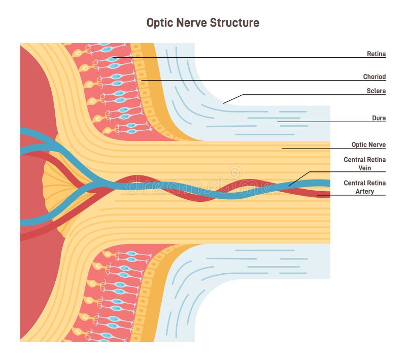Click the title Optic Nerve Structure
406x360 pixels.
tap(202, 23)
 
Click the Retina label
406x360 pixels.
tap(376, 53)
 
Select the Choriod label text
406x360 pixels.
tap(374, 77)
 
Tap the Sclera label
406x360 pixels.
tap(376, 91)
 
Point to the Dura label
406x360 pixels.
tap(378, 118)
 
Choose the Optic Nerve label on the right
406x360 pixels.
tap(368, 145)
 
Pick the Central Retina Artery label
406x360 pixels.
tap(364, 187)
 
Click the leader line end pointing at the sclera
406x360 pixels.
tap(224, 103)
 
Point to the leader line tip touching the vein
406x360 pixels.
tap(289, 186)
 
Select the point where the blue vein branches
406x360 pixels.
tap(94, 183)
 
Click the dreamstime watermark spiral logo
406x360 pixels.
tap(234, 172)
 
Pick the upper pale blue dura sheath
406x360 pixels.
tap(264, 122)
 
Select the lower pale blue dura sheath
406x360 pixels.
tap(264, 264)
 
